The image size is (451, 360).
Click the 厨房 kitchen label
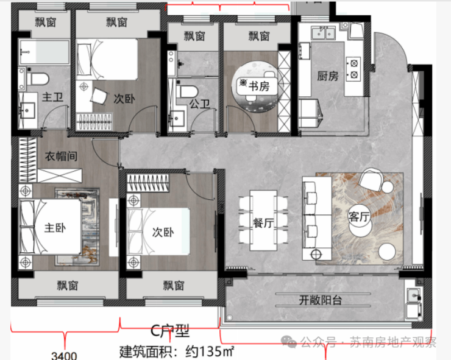coord(328,76)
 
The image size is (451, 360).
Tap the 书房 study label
coord(259,86)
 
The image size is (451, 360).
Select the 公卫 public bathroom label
coord(199,104)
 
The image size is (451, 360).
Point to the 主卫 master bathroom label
coord(52,97)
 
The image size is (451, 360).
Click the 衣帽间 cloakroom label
coord(61,157)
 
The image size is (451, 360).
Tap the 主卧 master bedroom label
coord(55,228)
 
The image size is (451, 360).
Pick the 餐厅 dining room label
coord(263,223)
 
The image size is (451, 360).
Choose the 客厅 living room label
coord(359,216)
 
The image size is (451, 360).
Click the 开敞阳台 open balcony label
coord(321,300)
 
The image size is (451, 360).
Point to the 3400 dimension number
coord(64,356)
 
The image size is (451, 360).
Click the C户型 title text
coord(170,331)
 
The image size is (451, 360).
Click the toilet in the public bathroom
coord(187,91)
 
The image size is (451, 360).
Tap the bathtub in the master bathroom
coord(44,52)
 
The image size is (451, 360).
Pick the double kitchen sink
coord(323,32)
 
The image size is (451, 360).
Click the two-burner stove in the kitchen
coord(353,69)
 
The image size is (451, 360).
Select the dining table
coord(263,221)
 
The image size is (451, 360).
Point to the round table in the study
coord(256,86)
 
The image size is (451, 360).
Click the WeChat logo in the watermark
coord(289,342)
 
